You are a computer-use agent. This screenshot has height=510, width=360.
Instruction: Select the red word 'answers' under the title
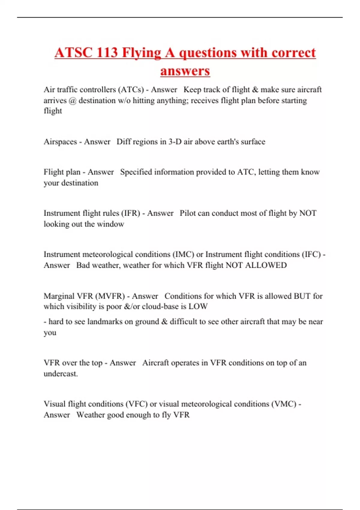click(x=185, y=71)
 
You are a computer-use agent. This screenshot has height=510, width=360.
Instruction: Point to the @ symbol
click(x=72, y=100)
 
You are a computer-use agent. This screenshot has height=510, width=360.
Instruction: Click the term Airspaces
click(x=60, y=142)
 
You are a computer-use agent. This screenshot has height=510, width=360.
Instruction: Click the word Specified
click(x=136, y=172)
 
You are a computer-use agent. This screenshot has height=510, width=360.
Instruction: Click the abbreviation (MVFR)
click(x=110, y=296)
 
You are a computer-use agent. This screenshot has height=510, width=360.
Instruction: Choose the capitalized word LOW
click(x=198, y=307)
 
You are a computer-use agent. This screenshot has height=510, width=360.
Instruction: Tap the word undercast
click(x=61, y=374)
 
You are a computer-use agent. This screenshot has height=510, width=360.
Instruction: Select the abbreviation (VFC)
click(x=136, y=404)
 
